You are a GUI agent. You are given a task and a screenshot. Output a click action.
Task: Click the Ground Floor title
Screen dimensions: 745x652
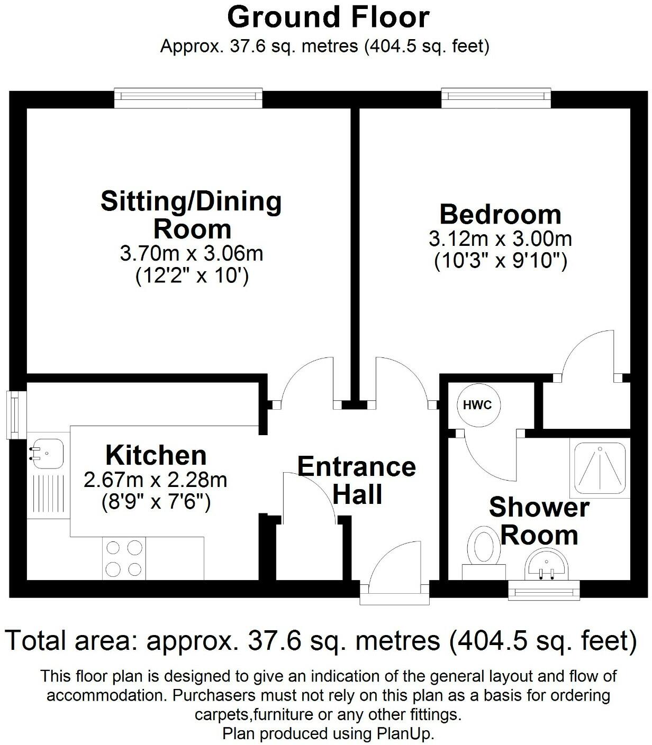tap(328, 17)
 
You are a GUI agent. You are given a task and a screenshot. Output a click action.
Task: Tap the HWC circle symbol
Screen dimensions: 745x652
tap(477, 405)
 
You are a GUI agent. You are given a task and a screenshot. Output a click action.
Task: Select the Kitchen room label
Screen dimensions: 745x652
tap(156, 455)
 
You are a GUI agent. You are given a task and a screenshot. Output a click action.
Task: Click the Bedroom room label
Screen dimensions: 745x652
tap(500, 214)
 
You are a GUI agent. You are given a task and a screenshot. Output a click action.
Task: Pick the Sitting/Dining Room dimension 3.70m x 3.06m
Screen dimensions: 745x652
tap(192, 253)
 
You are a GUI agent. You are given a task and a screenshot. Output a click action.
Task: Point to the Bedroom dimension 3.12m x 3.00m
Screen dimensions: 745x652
tap(500, 239)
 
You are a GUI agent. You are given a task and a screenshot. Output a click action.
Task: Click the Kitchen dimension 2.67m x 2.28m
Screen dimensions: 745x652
tap(156, 480)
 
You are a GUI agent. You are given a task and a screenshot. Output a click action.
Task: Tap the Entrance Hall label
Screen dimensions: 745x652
tap(357, 480)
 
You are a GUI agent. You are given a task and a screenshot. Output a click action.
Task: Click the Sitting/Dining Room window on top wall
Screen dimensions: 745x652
tap(188, 96)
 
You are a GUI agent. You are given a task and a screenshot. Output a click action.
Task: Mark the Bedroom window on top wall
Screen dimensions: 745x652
tap(496, 96)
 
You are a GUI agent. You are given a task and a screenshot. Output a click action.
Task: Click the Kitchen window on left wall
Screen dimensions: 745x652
tap(16, 415)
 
